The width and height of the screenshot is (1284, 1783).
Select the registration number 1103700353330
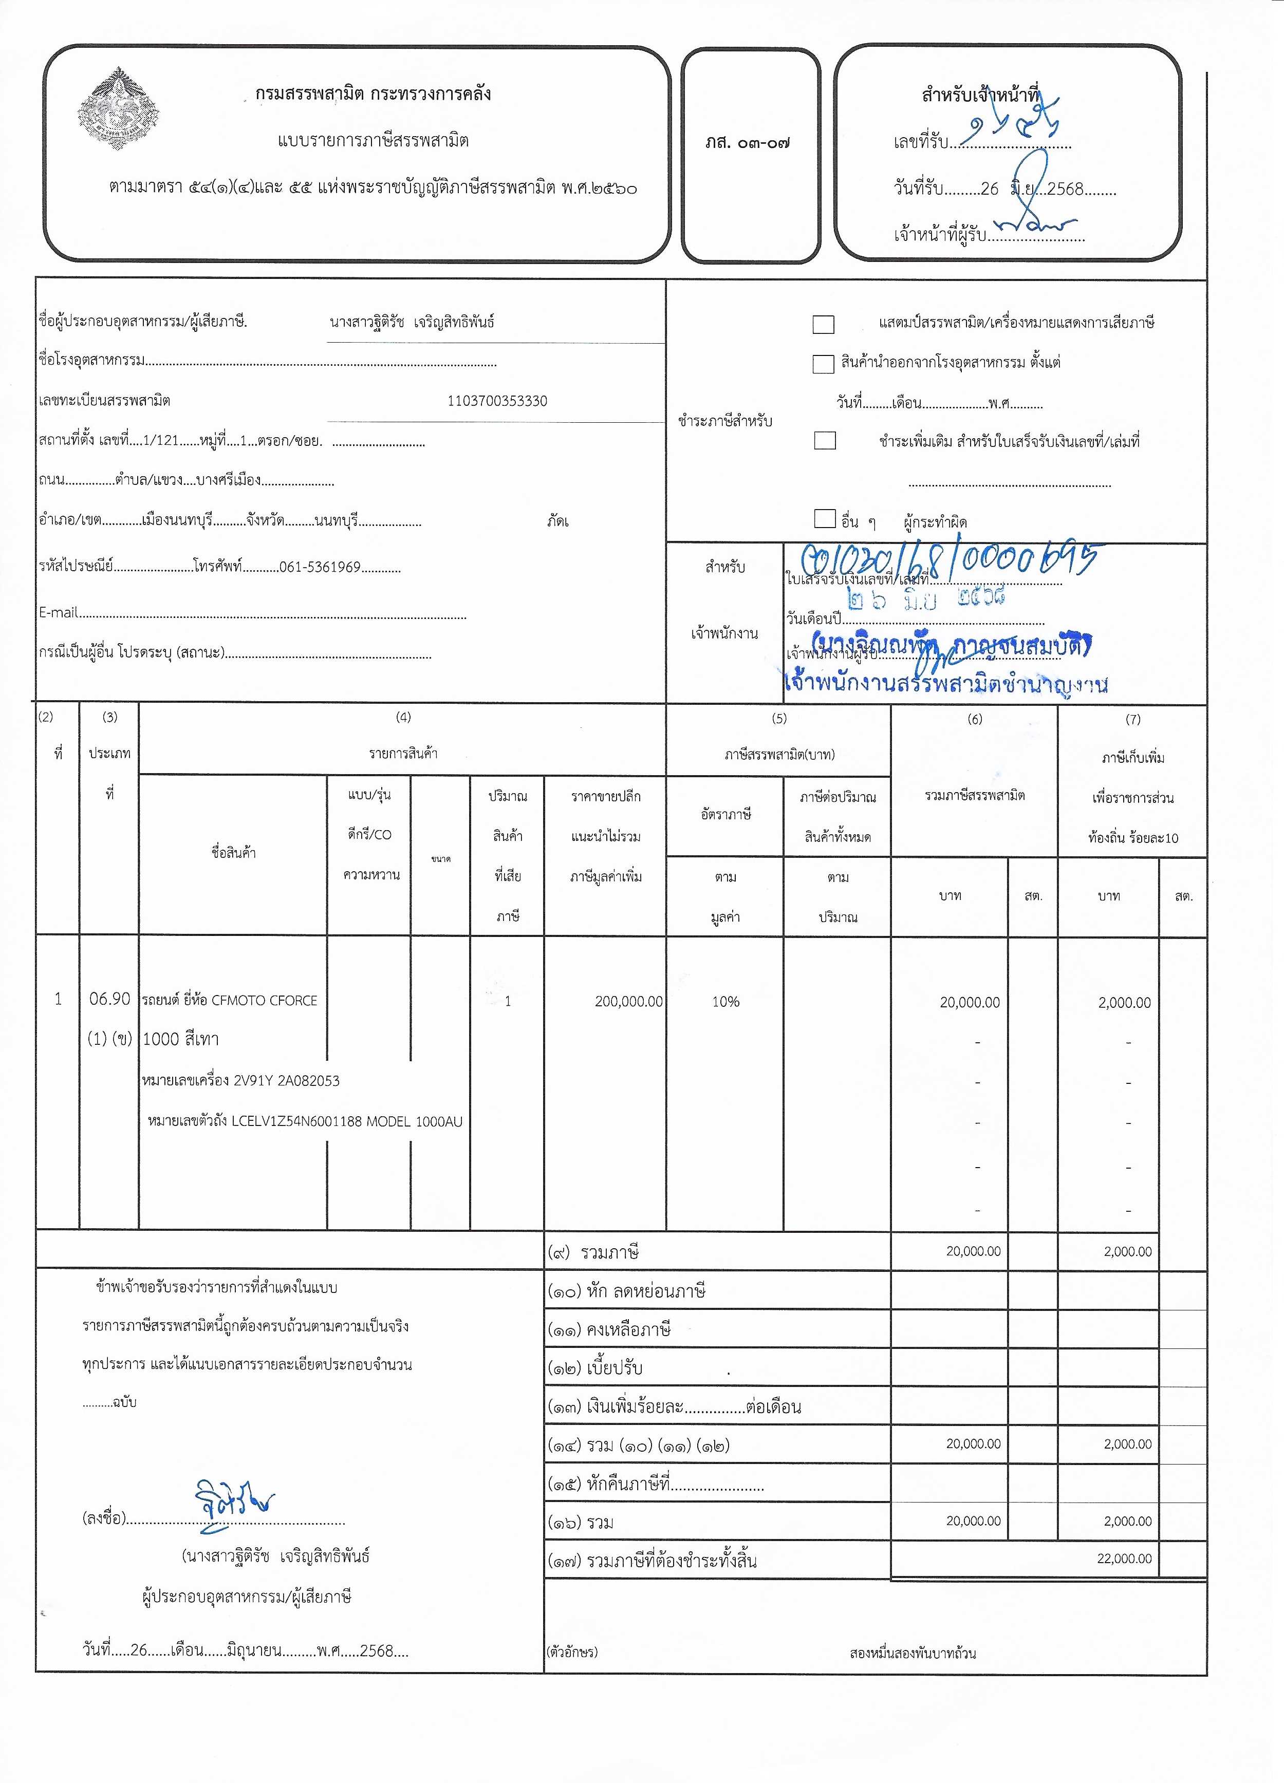(497, 401)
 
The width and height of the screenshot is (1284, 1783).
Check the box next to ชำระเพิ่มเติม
(825, 440)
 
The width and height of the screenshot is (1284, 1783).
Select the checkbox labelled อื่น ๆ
(825, 519)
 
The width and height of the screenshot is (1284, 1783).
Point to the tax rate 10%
(725, 1002)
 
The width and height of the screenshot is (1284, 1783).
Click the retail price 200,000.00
(628, 1002)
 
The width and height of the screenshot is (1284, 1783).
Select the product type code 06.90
(109, 999)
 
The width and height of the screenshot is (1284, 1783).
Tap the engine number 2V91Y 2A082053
(286, 1080)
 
